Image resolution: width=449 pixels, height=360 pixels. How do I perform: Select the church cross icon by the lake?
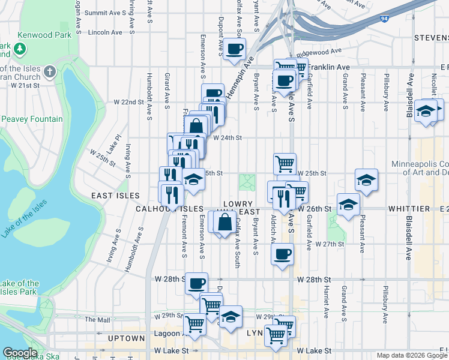[x=50, y=73]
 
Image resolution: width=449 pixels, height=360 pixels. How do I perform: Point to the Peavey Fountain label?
[x=32, y=119]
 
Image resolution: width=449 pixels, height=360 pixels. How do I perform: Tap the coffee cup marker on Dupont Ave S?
[x=234, y=49]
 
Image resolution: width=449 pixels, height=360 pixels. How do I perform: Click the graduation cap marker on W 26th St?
[x=348, y=205]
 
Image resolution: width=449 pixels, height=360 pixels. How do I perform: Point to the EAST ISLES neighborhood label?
[x=115, y=196]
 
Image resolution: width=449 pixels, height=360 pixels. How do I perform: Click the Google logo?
[x=20, y=353]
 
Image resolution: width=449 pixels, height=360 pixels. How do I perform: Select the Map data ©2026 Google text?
[x=411, y=355]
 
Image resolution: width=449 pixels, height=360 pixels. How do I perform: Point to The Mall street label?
[x=97, y=319]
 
